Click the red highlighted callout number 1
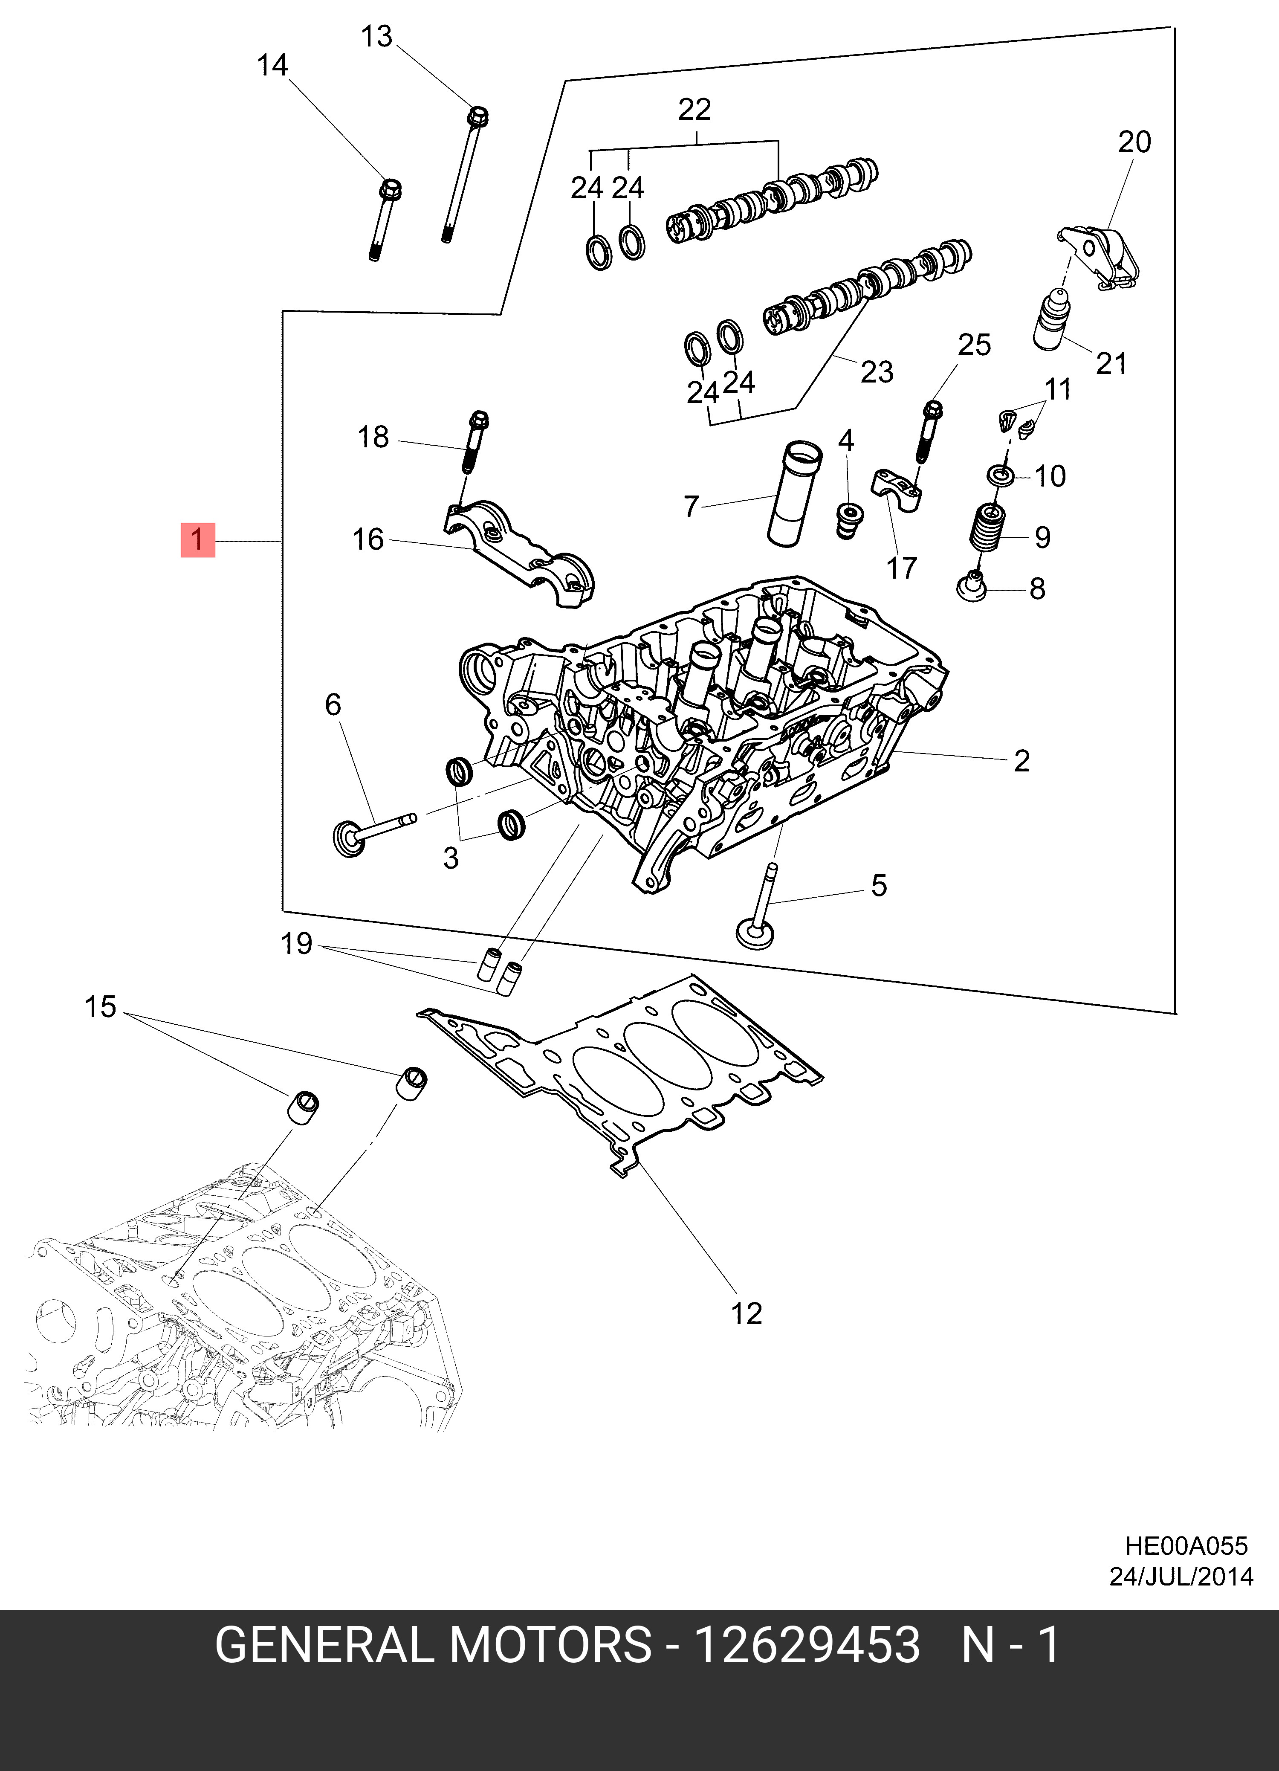(x=197, y=539)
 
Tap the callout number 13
(x=376, y=37)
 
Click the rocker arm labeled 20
(x=1101, y=254)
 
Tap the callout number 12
(x=746, y=1313)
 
